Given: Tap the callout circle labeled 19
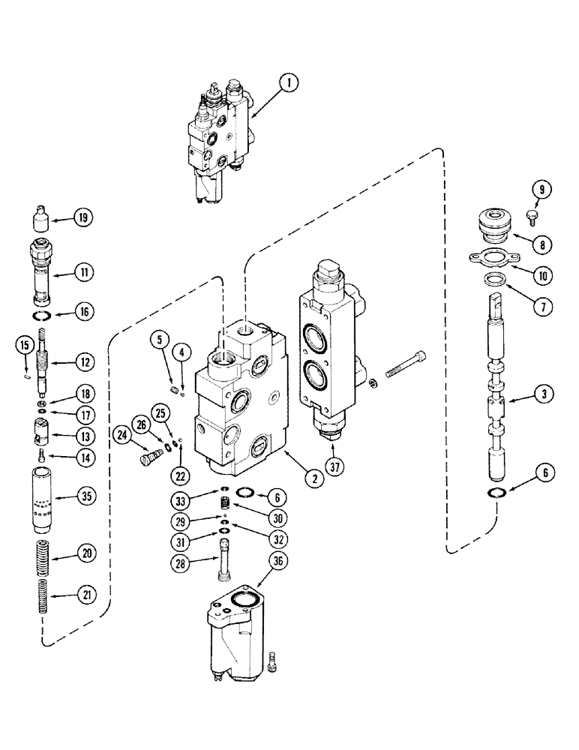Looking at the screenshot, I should click(82, 218).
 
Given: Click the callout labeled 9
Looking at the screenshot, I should click(539, 189).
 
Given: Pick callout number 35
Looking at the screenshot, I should click(82, 496).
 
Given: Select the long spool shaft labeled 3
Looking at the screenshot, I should click(497, 390).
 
